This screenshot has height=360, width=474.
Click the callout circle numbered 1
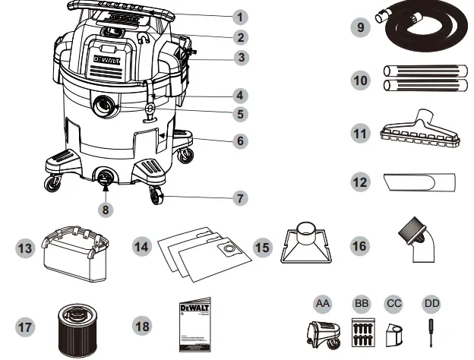[x=239, y=16]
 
